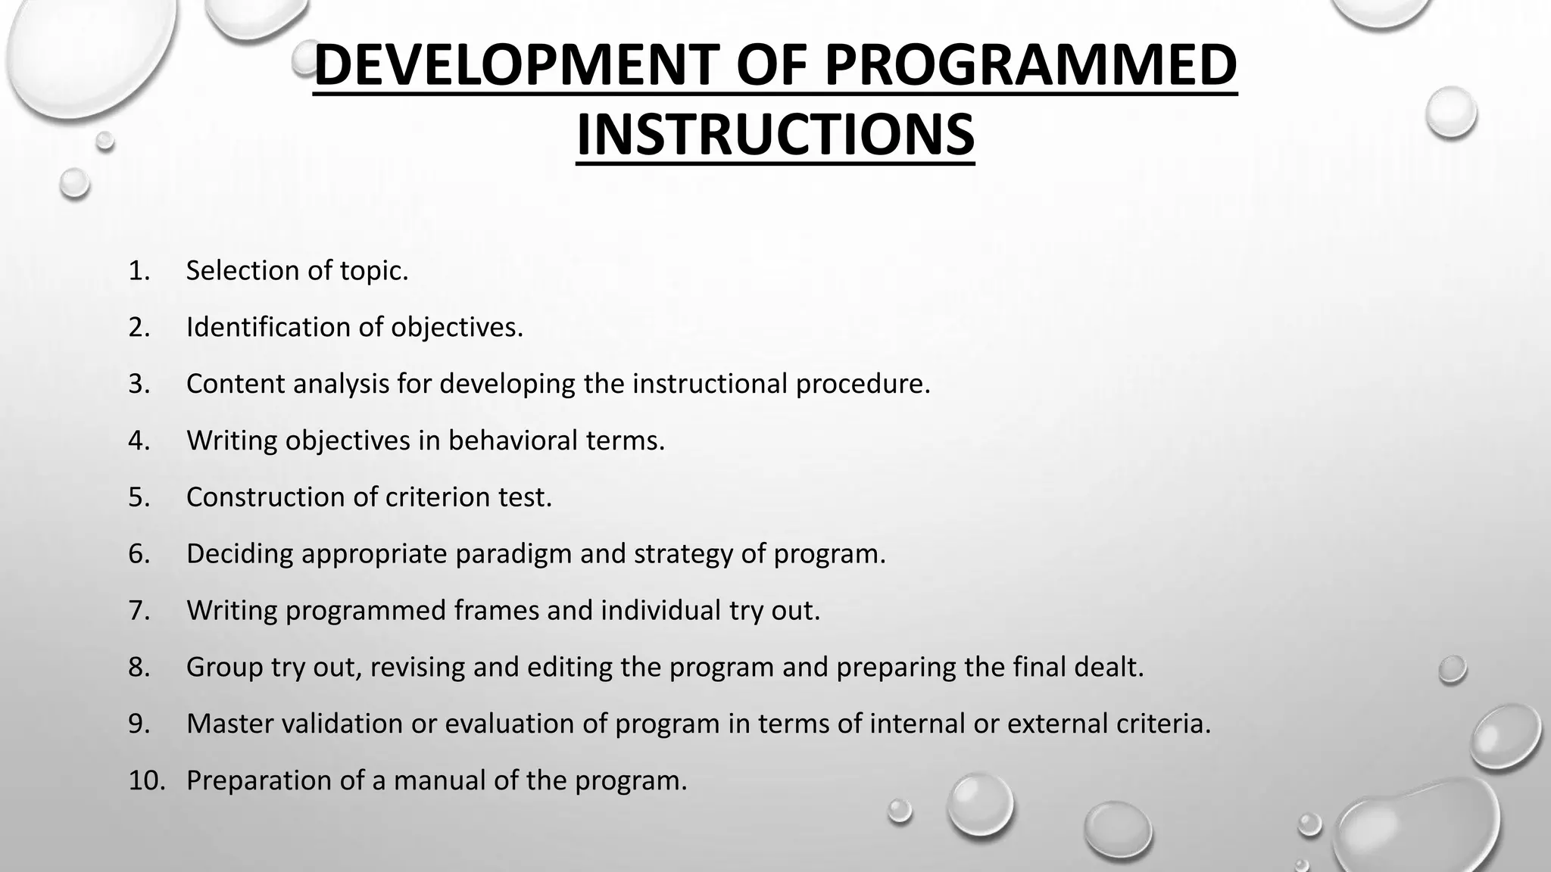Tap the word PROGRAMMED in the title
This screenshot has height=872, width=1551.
tap(1030, 66)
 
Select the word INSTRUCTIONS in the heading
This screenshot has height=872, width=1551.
tap(775, 134)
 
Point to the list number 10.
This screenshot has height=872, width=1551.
tap(146, 780)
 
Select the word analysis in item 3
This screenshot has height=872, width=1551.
tap(340, 384)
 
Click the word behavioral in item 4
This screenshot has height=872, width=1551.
tap(502, 441)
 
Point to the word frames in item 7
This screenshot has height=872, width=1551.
tap(496, 610)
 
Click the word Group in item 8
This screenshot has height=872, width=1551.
tap(224, 667)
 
